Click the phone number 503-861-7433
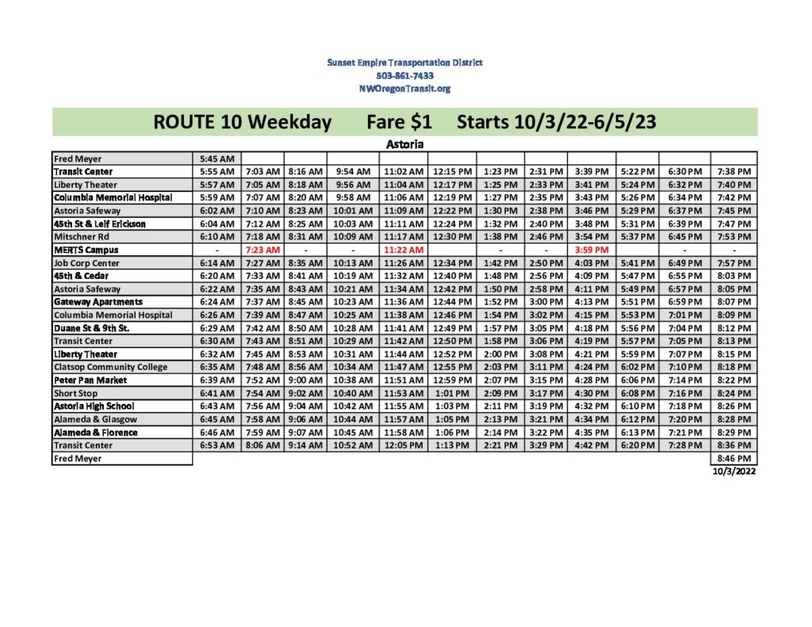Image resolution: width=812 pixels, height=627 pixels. tap(404, 75)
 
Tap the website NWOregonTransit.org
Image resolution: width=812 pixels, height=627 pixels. tap(404, 89)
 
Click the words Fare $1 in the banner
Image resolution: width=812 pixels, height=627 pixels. tap(399, 122)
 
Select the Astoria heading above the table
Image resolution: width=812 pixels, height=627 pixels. tap(404, 144)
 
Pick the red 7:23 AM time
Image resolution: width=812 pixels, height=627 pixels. tap(262, 250)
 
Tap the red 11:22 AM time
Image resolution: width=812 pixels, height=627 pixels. tap(404, 250)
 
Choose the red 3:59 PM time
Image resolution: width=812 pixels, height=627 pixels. tap(591, 250)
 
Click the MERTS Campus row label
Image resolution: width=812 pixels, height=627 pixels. tap(86, 250)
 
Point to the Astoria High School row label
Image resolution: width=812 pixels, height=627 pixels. tap(94, 407)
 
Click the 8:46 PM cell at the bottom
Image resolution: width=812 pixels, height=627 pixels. tap(733, 458)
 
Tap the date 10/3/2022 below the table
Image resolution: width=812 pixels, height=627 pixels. tap(733, 471)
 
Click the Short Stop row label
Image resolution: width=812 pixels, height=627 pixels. tap(76, 393)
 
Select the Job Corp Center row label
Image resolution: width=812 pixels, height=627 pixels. tap(86, 263)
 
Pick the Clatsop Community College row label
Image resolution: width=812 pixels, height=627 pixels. tap(110, 367)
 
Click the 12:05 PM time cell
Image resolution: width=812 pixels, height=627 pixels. tap(404, 445)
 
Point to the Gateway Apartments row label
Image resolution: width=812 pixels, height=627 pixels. tap(98, 302)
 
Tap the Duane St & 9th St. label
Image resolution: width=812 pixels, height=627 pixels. tap(91, 328)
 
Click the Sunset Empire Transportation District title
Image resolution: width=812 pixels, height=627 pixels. tap(404, 62)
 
